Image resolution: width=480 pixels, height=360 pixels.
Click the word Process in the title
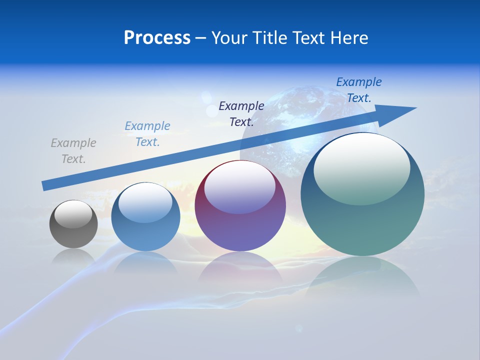pos(157,38)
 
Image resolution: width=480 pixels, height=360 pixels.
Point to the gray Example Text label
pos(73,151)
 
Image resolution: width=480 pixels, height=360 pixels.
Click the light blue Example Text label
pos(147,134)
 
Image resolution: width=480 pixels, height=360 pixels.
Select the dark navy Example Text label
pos(241,113)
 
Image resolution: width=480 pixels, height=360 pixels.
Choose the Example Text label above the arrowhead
pos(358,90)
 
